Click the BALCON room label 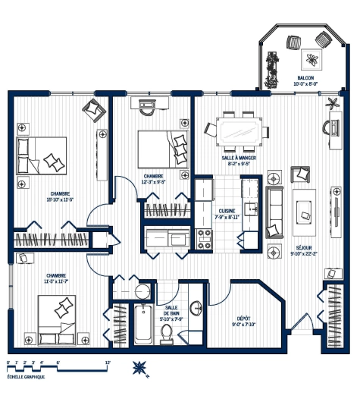click(305, 77)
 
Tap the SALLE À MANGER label click(238, 158)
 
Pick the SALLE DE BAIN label click(171, 310)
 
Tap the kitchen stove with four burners click(204, 240)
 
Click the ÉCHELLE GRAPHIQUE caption click(25, 377)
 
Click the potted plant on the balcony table click(312, 58)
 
